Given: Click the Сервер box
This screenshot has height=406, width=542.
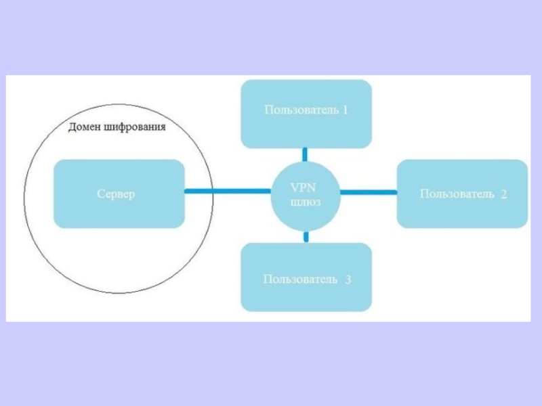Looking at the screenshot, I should tap(119, 194).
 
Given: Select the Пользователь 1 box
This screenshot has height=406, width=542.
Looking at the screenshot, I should tap(306, 114).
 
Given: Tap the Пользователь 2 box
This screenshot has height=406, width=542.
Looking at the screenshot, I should tap(462, 194).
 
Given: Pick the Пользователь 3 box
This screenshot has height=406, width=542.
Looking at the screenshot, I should tap(306, 277).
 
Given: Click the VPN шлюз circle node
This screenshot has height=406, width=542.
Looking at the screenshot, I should tap(306, 194).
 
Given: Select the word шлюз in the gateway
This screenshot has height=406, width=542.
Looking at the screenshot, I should tap(305, 202).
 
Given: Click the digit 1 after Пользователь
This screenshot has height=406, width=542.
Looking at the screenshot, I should tap(345, 110).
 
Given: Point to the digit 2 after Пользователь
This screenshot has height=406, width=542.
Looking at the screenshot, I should tap(503, 195).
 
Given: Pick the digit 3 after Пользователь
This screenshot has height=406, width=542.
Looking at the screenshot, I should tap(348, 279).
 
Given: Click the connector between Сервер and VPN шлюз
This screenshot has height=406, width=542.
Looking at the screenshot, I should tap(228, 193).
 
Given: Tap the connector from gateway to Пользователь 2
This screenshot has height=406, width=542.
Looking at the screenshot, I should tap(368, 193).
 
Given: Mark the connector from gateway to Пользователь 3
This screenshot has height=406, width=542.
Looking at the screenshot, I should tap(306, 237).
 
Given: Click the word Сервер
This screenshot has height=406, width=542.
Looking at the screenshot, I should tap(116, 194).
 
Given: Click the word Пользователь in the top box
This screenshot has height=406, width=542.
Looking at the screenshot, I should tap(301, 110).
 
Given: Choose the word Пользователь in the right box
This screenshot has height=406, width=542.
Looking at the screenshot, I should tap(457, 195).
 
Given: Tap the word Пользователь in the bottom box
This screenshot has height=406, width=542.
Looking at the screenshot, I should tap(301, 279).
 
